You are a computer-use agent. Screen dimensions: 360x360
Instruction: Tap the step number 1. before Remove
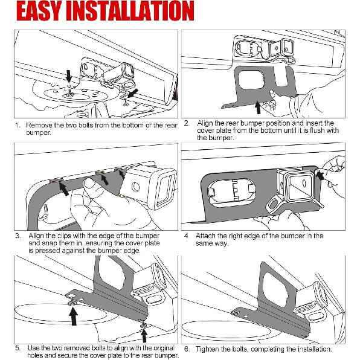click(18, 126)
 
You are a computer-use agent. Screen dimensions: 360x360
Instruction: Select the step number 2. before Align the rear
click(187, 123)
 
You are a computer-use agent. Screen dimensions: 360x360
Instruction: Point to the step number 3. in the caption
click(18, 236)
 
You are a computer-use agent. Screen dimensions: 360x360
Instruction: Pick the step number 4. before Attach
click(187, 236)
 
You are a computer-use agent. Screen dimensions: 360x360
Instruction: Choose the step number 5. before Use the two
click(18, 349)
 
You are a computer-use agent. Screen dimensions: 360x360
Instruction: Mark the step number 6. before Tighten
click(187, 349)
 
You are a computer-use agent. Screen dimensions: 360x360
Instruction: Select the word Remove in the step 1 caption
click(37, 126)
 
